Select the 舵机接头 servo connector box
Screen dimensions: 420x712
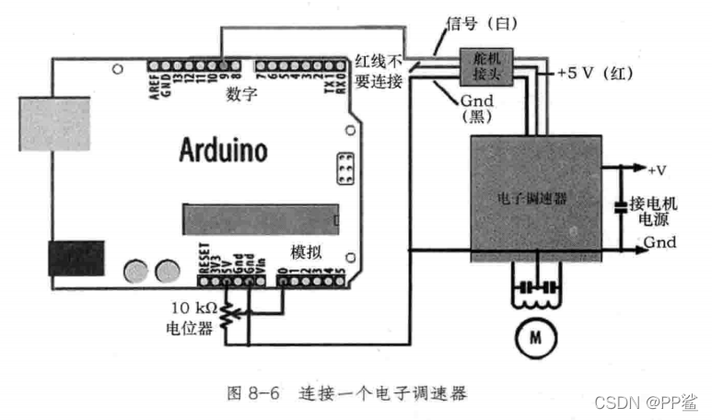tap(482, 65)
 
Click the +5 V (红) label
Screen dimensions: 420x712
tap(591, 73)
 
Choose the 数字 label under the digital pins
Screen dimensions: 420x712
tap(239, 95)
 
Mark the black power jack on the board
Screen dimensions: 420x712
tap(76, 259)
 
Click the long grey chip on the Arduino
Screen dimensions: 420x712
tap(261, 219)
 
